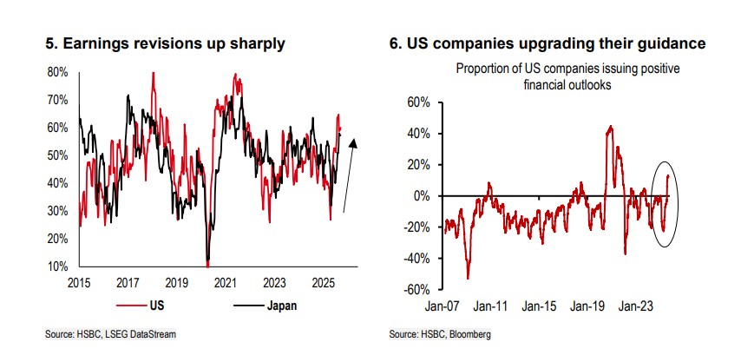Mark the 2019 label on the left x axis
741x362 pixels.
(177, 282)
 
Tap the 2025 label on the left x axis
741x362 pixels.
(324, 282)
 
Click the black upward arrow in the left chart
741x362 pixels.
(351, 178)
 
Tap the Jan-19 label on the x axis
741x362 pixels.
(590, 306)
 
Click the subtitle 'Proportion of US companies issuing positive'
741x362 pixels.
(563, 69)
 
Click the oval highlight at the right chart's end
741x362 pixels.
(663, 203)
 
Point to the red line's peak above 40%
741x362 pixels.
(611, 127)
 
